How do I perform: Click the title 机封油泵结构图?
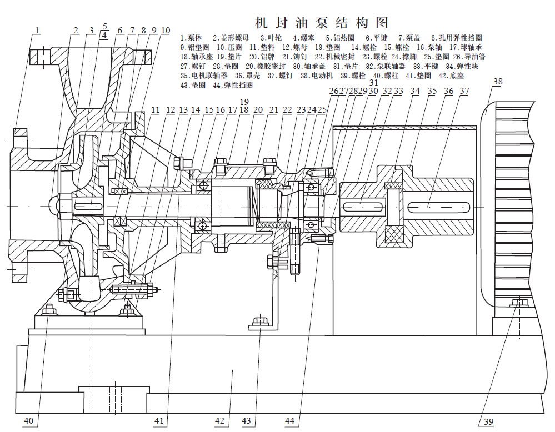(x=321, y=23)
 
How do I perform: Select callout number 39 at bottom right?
(x=488, y=422)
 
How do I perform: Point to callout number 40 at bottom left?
(x=29, y=421)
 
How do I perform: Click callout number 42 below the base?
(x=221, y=421)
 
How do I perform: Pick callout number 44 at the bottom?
(x=289, y=421)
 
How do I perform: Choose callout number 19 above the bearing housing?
(x=244, y=101)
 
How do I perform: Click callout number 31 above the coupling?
(x=373, y=83)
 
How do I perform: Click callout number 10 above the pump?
(x=166, y=30)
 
